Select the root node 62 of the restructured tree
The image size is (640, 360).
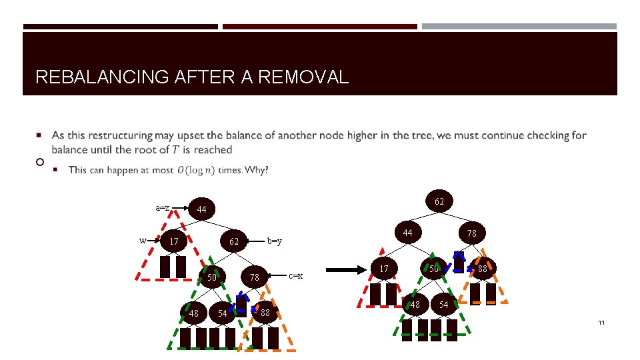(439, 201)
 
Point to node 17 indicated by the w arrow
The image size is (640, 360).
(173, 241)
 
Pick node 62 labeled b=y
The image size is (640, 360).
(234, 241)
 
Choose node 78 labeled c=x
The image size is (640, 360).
(254, 277)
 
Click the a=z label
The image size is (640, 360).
(162, 207)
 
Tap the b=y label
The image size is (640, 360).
(274, 241)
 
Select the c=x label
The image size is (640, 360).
(295, 275)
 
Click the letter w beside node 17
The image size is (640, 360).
(143, 240)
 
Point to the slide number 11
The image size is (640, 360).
(601, 323)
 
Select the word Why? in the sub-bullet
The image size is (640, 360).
(257, 170)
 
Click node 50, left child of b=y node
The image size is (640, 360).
(212, 277)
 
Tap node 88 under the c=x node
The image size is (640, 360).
(265, 312)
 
